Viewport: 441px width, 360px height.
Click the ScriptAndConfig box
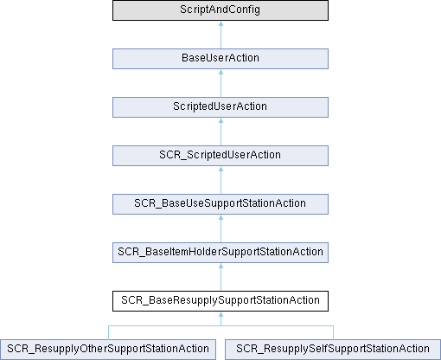[x=220, y=10]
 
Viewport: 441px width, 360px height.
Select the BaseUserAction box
[x=220, y=59]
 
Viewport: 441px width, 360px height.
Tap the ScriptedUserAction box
[x=220, y=107]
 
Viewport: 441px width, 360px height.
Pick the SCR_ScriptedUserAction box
[x=220, y=156]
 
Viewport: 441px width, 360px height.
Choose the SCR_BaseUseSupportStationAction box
[x=220, y=204]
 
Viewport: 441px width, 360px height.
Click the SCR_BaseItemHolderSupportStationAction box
[x=220, y=253]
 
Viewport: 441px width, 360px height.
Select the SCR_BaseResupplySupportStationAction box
[x=220, y=301]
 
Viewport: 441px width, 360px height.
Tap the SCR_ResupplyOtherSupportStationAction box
[x=108, y=350]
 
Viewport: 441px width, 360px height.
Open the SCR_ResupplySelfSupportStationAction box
[x=333, y=350]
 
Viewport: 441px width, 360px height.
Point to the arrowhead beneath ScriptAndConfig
[x=220, y=23]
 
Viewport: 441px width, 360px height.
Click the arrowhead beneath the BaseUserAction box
[x=220, y=72]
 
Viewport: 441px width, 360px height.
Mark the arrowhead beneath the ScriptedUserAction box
[x=220, y=120]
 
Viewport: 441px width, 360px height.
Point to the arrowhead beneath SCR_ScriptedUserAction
[x=220, y=169]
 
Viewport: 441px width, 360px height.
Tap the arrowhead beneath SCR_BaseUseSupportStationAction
[x=220, y=217]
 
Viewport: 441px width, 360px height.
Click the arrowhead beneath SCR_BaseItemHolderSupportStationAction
[x=220, y=266]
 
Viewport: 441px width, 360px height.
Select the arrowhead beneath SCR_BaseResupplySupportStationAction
[x=220, y=314]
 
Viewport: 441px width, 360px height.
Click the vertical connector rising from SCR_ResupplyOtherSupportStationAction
[x=108, y=332]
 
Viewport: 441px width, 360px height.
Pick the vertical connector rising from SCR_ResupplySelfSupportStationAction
[x=333, y=332]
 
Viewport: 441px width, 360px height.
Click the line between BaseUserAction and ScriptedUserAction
[x=220, y=86]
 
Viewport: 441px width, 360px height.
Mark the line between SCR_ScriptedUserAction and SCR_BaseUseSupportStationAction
[x=220, y=183]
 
